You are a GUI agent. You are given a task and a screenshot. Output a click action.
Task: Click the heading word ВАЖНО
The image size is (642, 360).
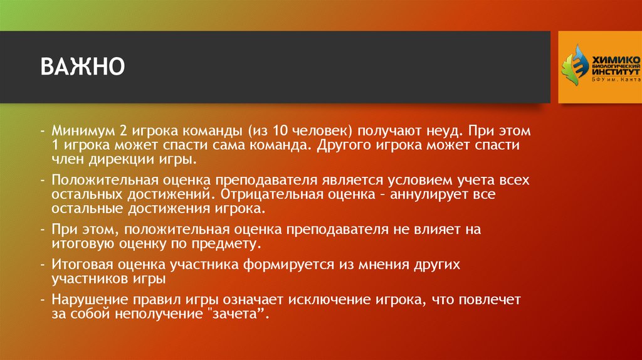click(83, 66)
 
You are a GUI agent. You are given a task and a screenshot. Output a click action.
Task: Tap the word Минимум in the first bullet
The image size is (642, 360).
click(82, 132)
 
